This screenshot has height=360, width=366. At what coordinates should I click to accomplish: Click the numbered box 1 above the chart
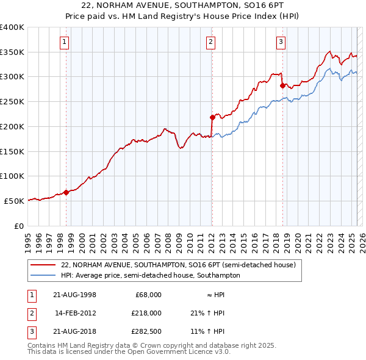click(x=64, y=42)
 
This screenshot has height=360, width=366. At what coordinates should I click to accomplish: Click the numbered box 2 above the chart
click(x=210, y=42)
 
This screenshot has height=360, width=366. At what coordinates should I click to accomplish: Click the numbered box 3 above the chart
click(x=281, y=42)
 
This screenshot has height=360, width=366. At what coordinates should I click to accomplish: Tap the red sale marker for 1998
click(x=66, y=192)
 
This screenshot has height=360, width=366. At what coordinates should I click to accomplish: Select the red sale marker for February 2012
click(x=212, y=117)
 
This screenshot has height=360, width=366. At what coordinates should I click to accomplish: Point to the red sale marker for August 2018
click(x=282, y=85)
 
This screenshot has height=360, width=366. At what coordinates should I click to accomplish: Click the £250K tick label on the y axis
click(x=12, y=101)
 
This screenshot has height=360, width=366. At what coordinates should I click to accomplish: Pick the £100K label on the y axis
click(x=12, y=176)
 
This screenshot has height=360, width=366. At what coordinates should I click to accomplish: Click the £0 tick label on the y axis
click(x=18, y=226)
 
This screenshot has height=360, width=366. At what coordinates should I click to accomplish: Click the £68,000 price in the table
click(x=148, y=295)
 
